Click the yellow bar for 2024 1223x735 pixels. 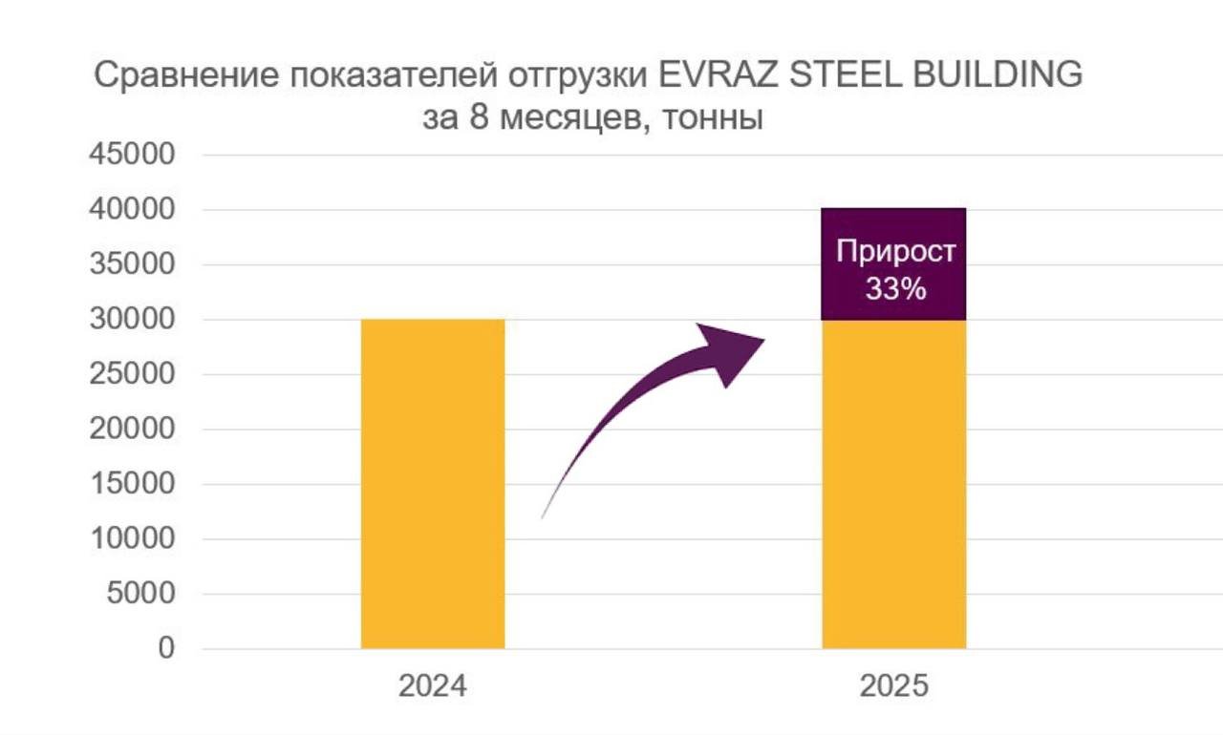click(x=432, y=484)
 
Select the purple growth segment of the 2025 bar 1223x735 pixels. click(x=894, y=229)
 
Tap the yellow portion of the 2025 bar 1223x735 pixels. click(x=894, y=484)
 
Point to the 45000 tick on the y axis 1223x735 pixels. click(x=133, y=155)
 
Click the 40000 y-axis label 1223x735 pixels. click(x=133, y=209)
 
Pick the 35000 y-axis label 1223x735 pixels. click(x=133, y=264)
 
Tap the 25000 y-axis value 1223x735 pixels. click(x=133, y=374)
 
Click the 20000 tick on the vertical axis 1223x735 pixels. click(x=133, y=429)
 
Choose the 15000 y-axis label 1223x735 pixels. click(x=133, y=484)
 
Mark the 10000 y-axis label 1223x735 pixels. click(x=133, y=538)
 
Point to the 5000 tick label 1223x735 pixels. click(x=143, y=594)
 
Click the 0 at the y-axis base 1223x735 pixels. click(x=166, y=648)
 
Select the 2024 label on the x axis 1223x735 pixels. click(x=433, y=686)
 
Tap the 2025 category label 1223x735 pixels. click(x=894, y=686)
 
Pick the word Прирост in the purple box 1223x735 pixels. click(x=895, y=252)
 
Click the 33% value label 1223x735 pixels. click(x=895, y=288)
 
